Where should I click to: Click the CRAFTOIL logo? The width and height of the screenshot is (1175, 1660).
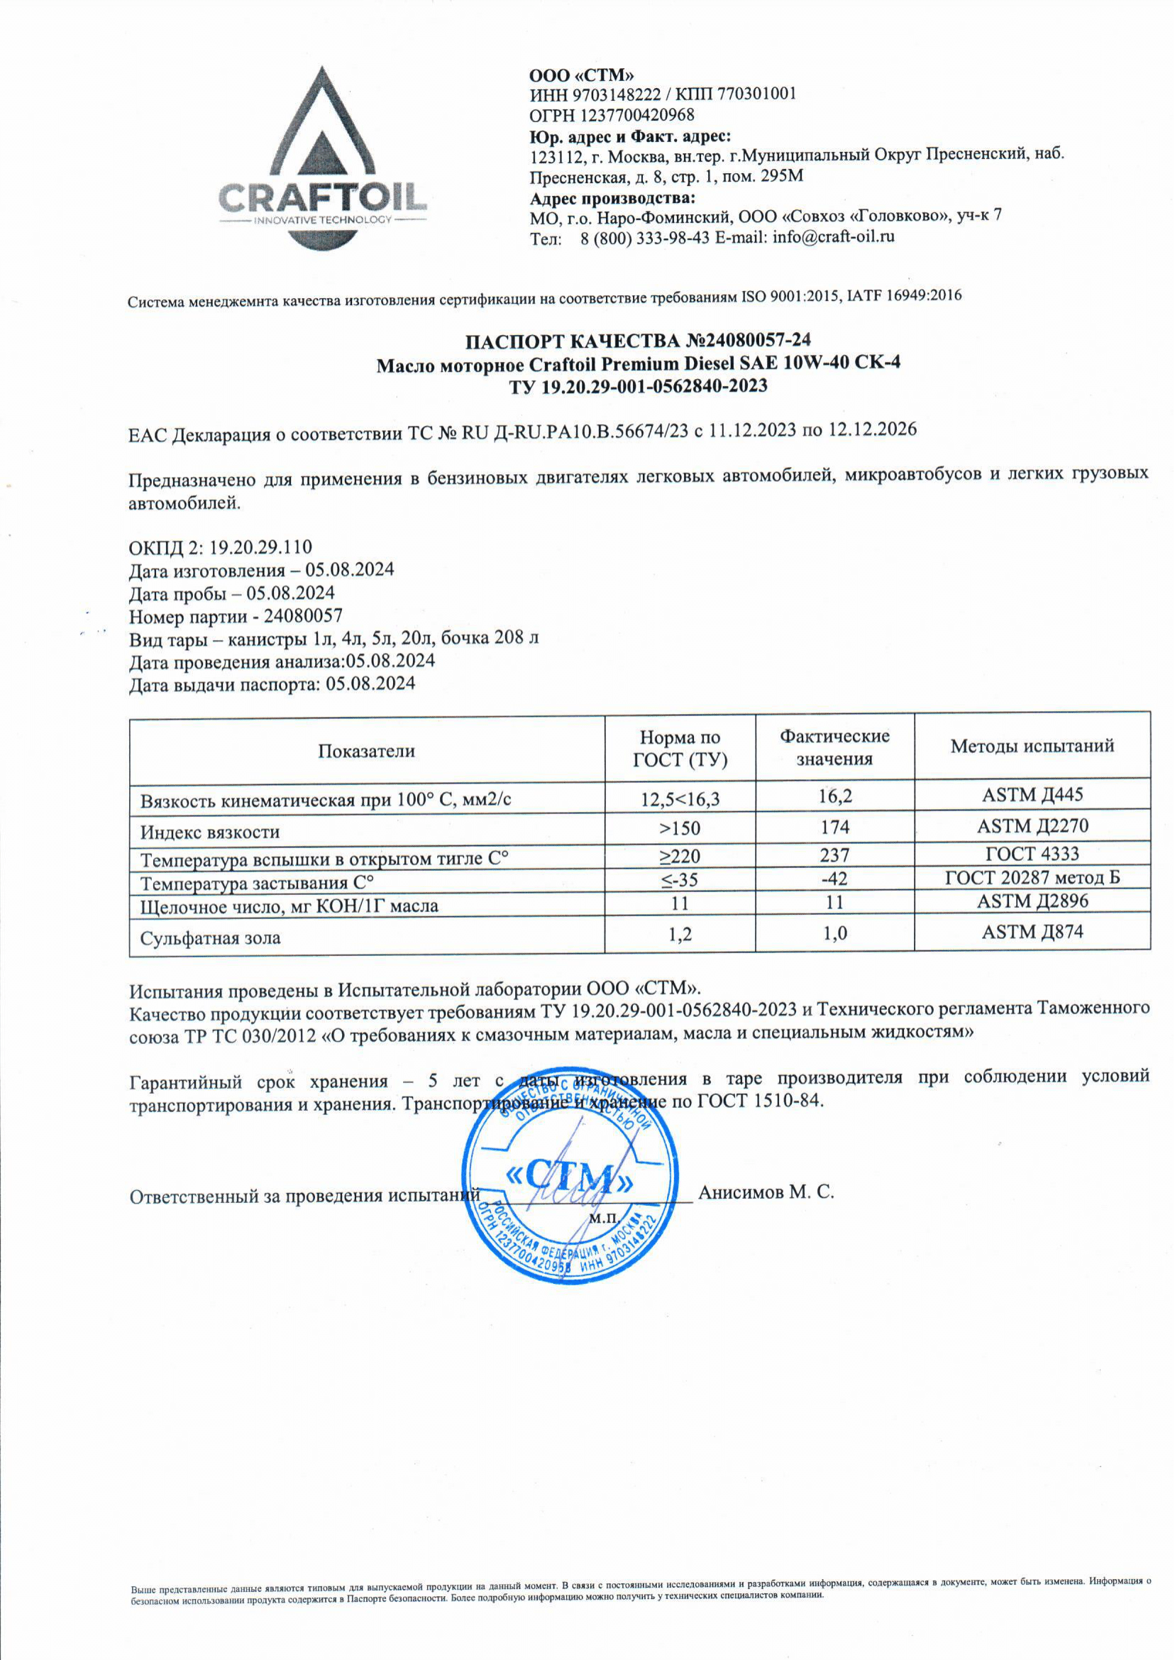pos(321,159)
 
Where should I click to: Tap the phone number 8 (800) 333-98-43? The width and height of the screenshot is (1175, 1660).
pos(645,238)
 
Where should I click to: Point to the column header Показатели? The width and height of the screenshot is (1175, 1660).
pos(366,750)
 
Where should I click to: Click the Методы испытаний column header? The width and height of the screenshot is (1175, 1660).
pos(1032,746)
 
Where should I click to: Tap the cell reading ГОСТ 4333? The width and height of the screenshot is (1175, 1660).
pos(1032,854)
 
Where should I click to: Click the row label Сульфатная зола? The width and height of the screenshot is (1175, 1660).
pos(211,938)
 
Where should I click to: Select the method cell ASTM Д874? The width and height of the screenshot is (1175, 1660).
pos(1032,932)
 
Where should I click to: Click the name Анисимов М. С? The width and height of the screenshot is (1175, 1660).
pos(766,1192)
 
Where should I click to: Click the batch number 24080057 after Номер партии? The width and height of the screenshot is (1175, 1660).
pos(303,616)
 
